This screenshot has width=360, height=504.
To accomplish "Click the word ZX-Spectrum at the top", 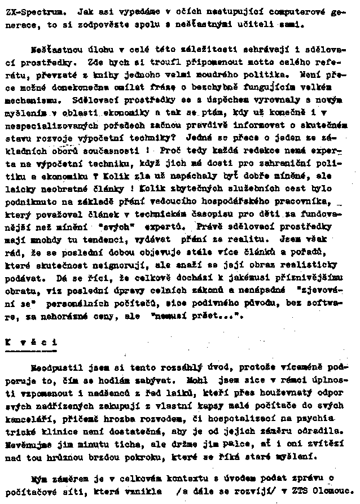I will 27,11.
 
